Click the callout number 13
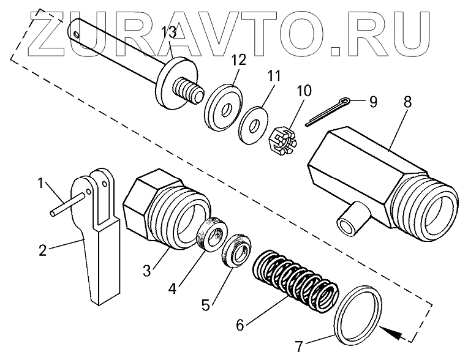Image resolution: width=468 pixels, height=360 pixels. click(x=168, y=32)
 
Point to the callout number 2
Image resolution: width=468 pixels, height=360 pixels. click(x=43, y=250)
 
